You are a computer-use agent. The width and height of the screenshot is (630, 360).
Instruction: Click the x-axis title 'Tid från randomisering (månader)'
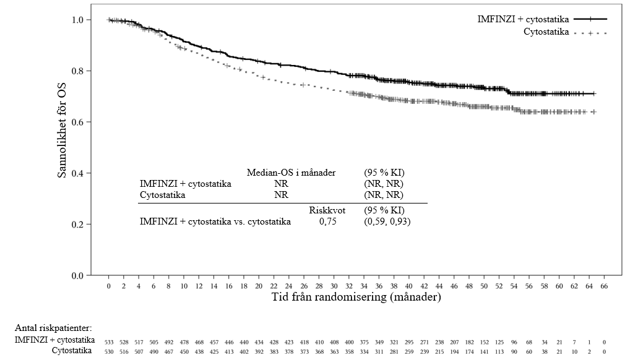[356, 297]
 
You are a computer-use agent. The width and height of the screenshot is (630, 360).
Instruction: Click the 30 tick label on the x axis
[334, 287]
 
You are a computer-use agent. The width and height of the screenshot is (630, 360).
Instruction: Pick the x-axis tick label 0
[108, 287]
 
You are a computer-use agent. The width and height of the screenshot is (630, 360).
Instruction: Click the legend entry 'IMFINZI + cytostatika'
[523, 19]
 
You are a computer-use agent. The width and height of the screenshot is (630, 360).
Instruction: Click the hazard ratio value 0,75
[327, 221]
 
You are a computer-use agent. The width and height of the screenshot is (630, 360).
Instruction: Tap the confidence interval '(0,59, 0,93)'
[387, 221]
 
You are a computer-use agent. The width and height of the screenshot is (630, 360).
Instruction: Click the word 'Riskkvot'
[326, 210]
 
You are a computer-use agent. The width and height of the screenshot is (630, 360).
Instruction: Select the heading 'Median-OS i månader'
[291, 173]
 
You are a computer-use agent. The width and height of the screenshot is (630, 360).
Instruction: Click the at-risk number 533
[108, 341]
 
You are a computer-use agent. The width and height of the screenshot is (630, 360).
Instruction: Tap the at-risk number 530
[108, 351]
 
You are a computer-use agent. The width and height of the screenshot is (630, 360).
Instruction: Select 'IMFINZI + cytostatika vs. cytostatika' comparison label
[215, 221]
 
